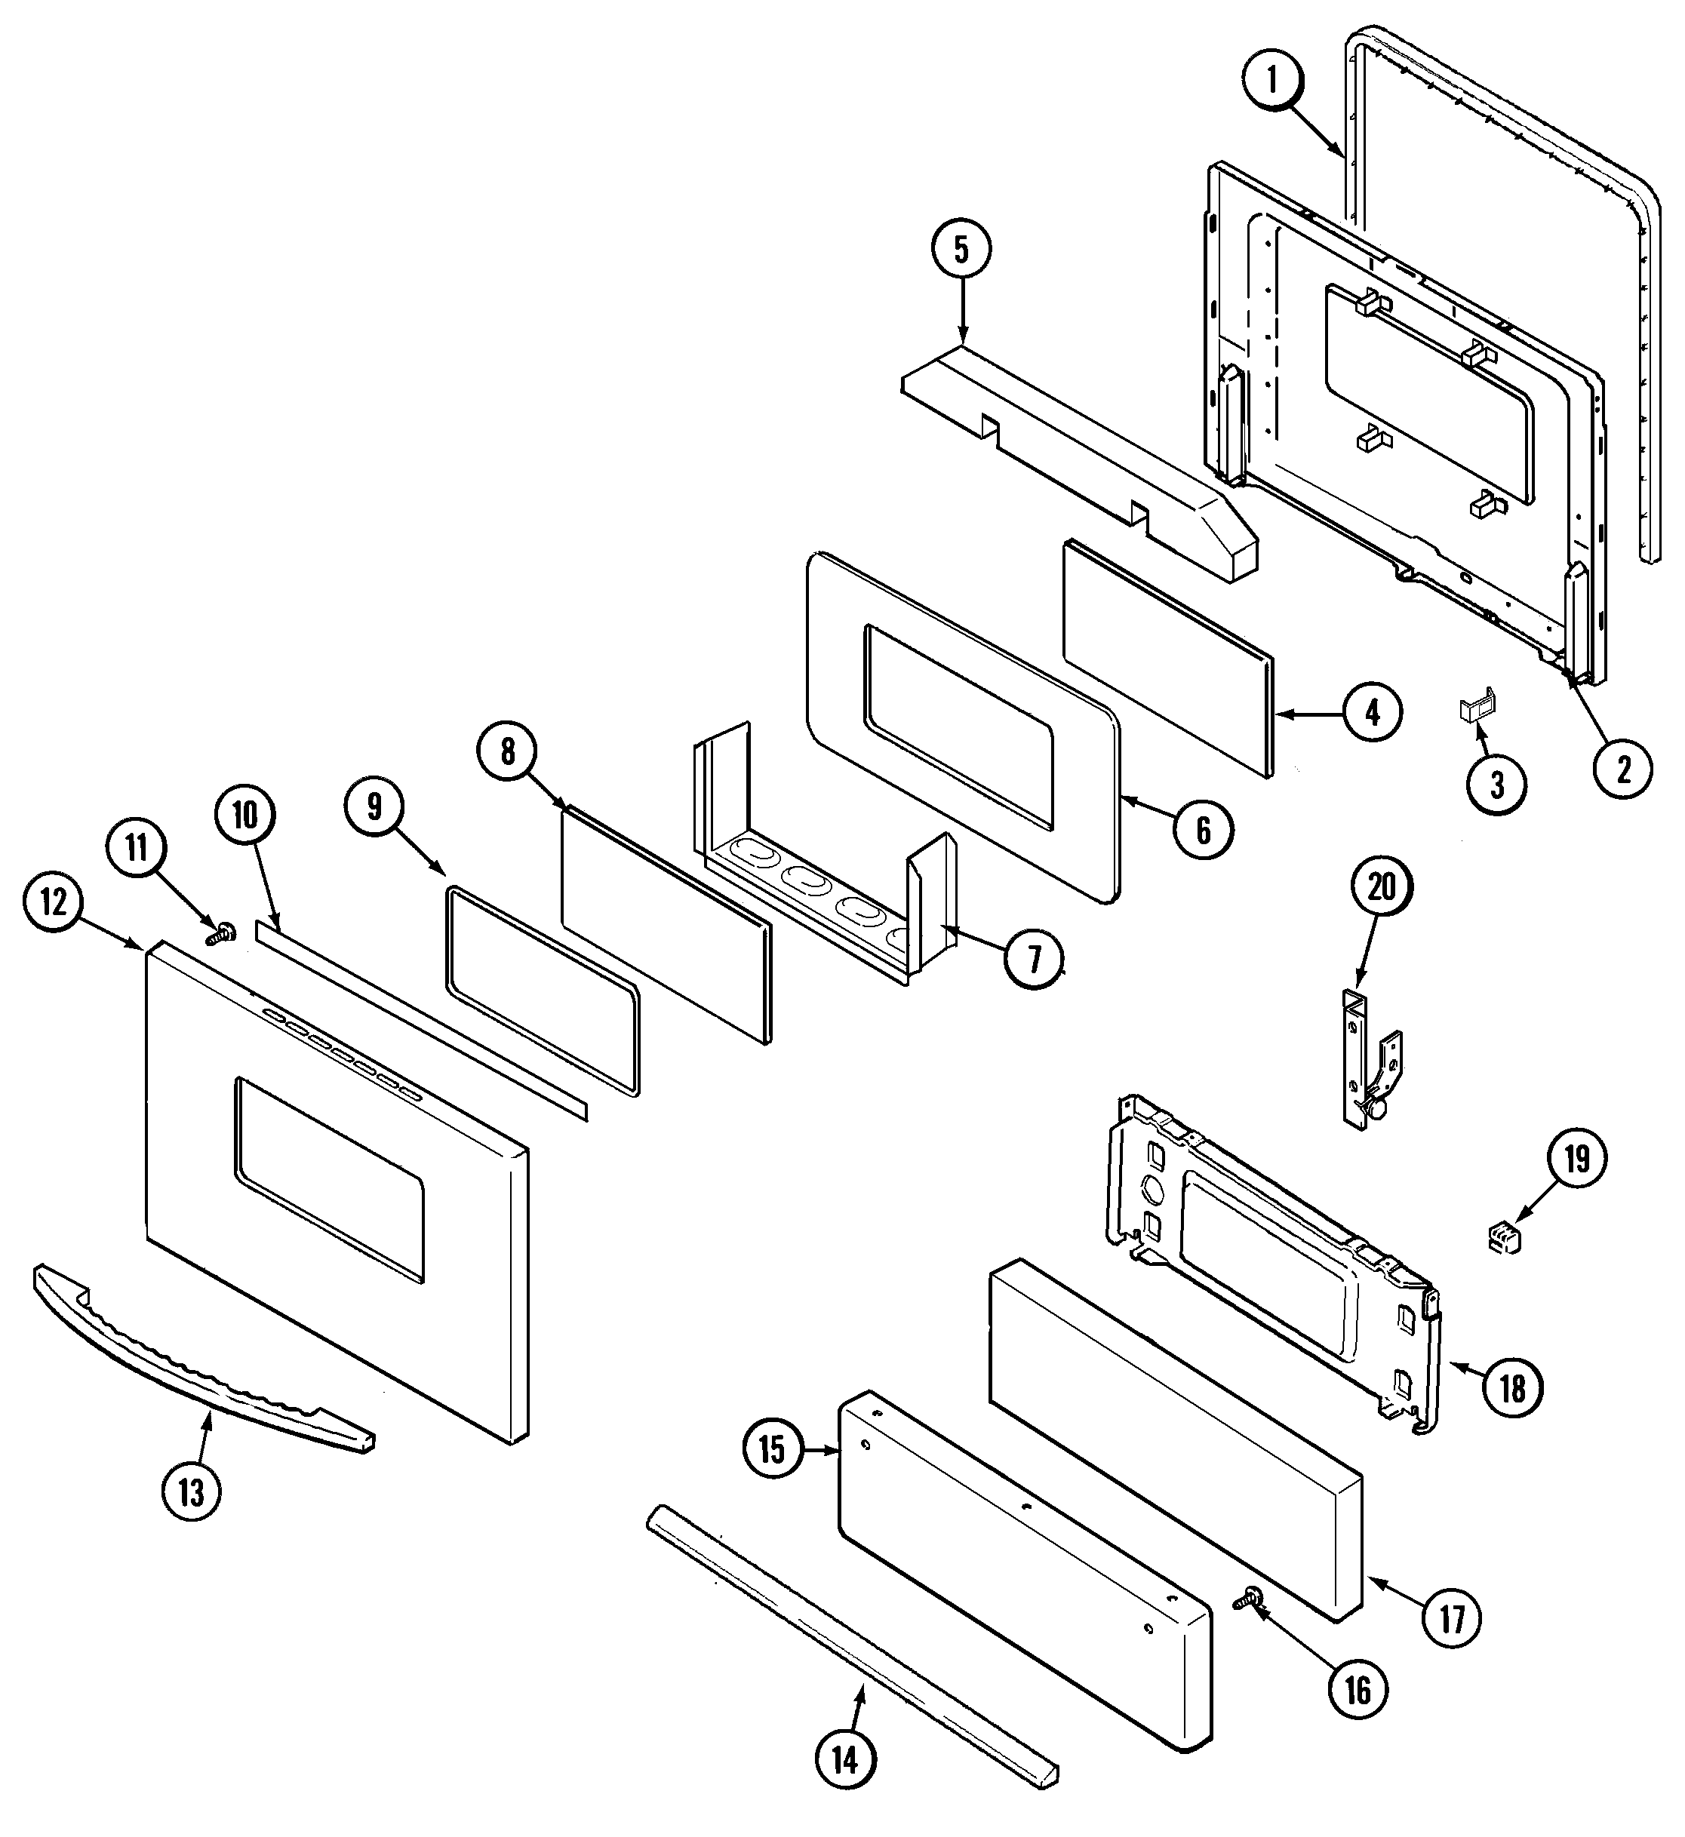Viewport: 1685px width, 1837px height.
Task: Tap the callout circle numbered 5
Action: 961,250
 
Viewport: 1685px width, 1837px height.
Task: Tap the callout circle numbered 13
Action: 192,1491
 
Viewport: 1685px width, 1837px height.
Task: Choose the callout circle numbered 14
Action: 845,1759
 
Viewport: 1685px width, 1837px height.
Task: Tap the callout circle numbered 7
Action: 1033,958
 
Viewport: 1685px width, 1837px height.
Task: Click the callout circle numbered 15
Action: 773,1448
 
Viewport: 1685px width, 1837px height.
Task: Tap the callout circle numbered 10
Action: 245,815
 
